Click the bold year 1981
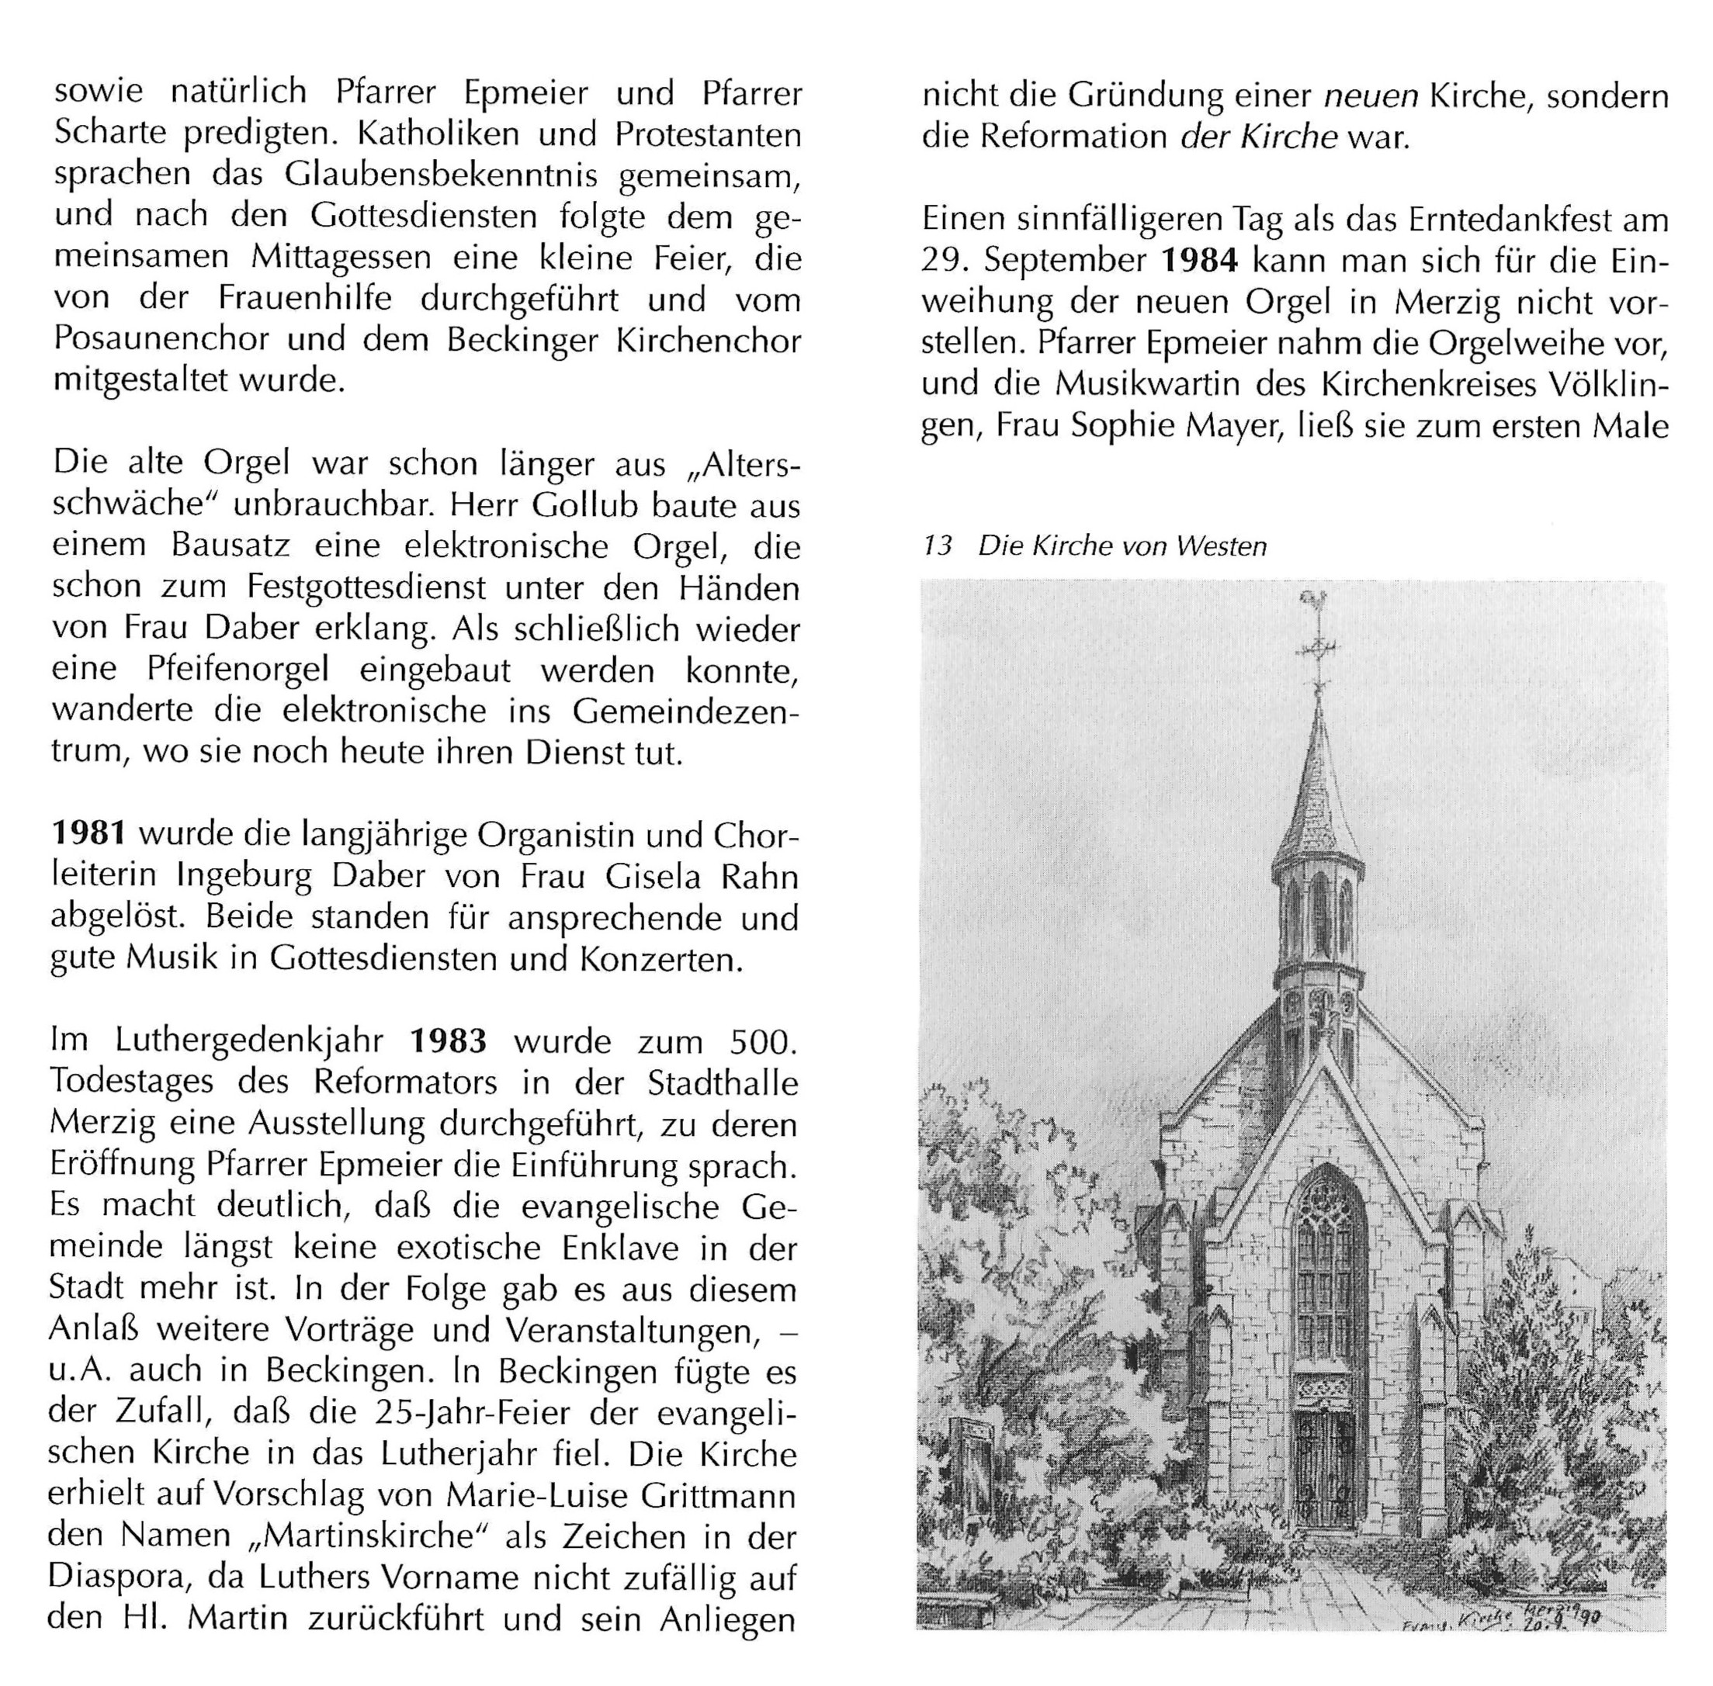point(90,834)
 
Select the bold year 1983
point(447,1040)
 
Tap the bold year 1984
point(1198,261)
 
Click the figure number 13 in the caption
point(936,546)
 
